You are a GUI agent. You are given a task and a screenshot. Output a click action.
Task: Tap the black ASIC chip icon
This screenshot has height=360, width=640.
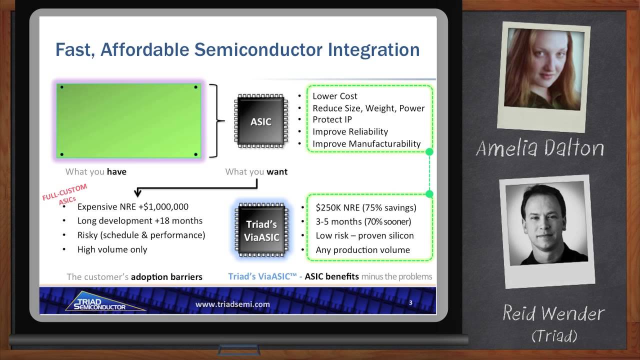[x=261, y=121]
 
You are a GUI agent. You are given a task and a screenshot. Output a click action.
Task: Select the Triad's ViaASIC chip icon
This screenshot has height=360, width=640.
[x=261, y=230]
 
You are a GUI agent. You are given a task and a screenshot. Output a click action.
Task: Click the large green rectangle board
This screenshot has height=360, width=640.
[x=129, y=121]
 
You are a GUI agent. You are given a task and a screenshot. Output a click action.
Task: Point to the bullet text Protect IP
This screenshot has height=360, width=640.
[x=332, y=119]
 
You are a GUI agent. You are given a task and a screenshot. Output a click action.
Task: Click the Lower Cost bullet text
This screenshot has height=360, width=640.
[x=335, y=96]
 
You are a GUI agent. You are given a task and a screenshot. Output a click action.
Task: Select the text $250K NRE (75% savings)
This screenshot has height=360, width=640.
[x=366, y=207]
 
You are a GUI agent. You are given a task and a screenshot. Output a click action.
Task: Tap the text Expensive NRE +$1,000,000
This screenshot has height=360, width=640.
[x=133, y=206]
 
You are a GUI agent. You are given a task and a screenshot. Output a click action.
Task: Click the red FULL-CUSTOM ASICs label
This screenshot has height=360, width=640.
[x=65, y=194]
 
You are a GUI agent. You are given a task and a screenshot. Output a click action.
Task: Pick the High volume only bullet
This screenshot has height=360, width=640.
[x=112, y=249]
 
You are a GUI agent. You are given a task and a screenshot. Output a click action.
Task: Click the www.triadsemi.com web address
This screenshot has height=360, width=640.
[x=232, y=304]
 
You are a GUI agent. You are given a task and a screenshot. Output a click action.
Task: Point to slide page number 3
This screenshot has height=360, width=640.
[x=410, y=302]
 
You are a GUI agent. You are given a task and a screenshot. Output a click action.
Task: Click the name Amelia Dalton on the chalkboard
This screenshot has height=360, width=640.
[x=539, y=148]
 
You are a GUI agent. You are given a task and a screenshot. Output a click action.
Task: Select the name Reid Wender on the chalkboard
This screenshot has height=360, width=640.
[x=553, y=314]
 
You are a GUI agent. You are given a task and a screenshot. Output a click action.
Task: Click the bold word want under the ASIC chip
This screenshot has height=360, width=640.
[x=277, y=171]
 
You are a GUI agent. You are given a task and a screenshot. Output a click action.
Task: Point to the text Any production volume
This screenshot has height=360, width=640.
[x=362, y=250]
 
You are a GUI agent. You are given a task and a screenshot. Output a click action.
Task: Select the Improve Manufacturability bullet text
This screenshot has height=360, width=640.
[x=366, y=144]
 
